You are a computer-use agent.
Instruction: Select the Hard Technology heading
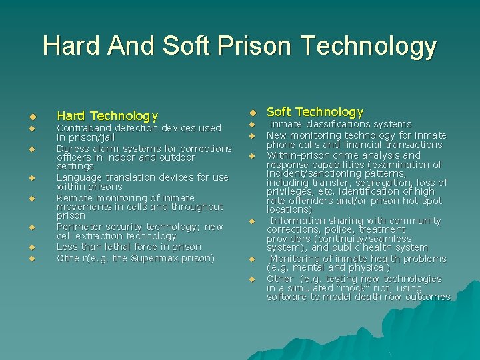[107, 116]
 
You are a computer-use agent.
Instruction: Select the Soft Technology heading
[315, 111]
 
